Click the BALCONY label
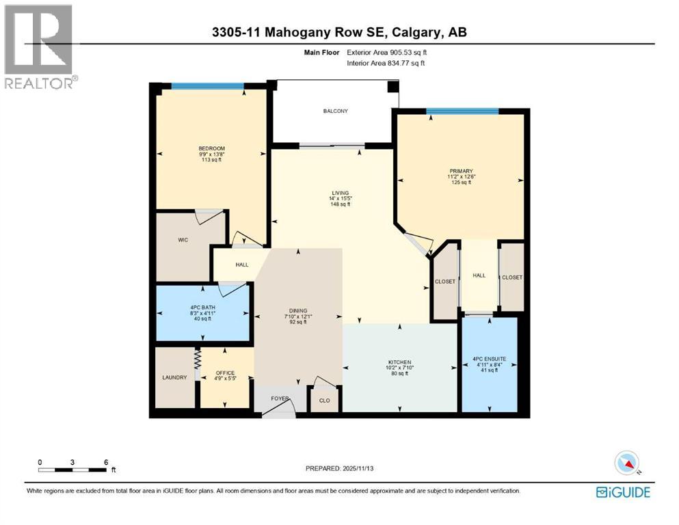click(x=336, y=111)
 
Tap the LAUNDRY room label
click(x=174, y=377)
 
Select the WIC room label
click(x=182, y=240)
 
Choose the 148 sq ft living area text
click(x=340, y=204)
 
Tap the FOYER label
click(x=280, y=398)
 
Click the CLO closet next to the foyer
click(x=324, y=401)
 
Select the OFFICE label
click(x=225, y=373)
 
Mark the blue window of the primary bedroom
click(x=462, y=111)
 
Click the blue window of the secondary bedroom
click(x=207, y=85)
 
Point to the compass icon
click(x=627, y=463)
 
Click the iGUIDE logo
click(x=623, y=492)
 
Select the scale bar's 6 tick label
click(x=105, y=462)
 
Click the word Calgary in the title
click(x=416, y=32)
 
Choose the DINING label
click(x=297, y=310)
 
